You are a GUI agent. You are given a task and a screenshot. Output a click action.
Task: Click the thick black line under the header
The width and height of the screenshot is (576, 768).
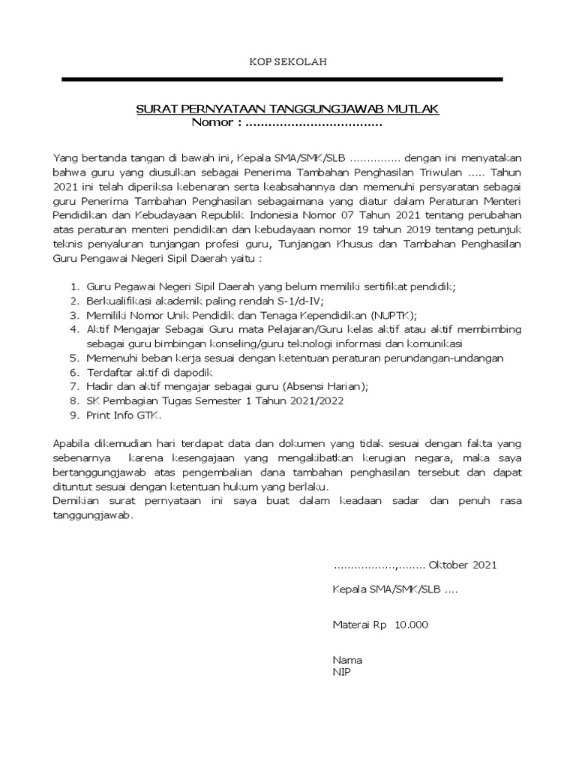click(282, 79)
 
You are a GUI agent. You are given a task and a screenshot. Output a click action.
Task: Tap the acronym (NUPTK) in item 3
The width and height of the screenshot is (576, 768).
click(390, 315)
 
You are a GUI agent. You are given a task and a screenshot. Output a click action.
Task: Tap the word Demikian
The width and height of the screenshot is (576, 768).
click(78, 502)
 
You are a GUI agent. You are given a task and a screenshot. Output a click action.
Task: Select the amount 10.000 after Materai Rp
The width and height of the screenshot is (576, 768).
click(412, 624)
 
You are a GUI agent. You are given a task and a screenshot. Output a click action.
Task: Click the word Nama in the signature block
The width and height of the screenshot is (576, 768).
click(347, 660)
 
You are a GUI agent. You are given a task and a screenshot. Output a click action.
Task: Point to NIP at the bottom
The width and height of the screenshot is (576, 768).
click(341, 672)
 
